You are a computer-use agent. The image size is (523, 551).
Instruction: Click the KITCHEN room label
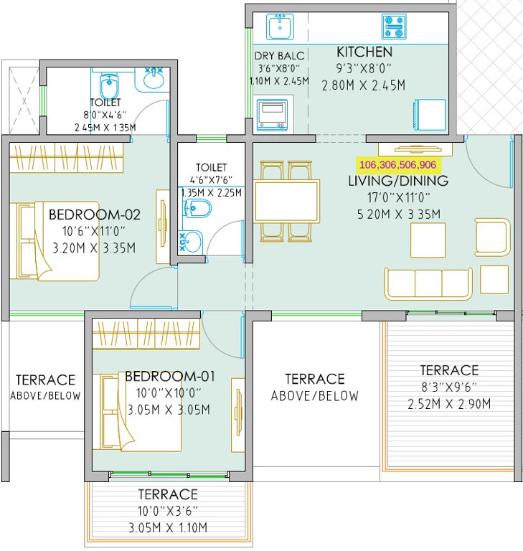(x=364, y=52)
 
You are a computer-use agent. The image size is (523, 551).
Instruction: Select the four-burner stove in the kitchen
(x=393, y=27)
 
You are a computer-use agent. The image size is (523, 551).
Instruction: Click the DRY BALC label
(x=279, y=56)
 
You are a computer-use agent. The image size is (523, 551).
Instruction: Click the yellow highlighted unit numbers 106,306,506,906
(x=397, y=164)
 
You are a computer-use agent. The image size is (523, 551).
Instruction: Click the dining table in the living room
(x=287, y=202)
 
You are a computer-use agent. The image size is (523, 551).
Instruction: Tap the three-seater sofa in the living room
(x=428, y=283)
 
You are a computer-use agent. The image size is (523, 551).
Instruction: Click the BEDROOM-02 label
(x=94, y=215)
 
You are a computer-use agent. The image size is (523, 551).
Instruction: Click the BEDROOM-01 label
(x=169, y=376)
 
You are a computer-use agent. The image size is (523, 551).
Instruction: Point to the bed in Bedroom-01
(x=140, y=412)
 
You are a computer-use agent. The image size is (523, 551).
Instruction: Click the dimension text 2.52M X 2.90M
(x=448, y=404)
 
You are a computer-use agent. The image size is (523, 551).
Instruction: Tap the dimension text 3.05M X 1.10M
(x=167, y=528)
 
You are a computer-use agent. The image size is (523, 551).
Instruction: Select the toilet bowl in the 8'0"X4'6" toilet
(x=109, y=87)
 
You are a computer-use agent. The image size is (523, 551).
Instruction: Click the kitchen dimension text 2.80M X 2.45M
(x=364, y=85)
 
